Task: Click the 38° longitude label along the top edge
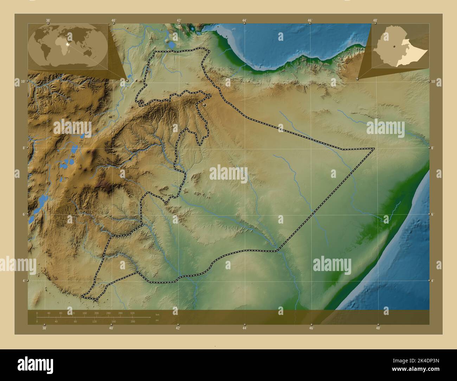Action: (x=48, y=20)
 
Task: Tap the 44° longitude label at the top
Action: (x=244, y=20)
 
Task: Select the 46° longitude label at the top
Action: (x=310, y=20)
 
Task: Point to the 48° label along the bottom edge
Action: (x=378, y=328)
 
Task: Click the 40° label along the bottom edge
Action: (x=111, y=328)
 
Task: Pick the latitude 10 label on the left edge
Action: (x=22, y=81)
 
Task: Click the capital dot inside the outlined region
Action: (x=205, y=105)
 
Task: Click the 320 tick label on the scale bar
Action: (x=132, y=313)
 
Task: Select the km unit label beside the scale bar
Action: (x=157, y=315)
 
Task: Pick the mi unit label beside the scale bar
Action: (x=157, y=319)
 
